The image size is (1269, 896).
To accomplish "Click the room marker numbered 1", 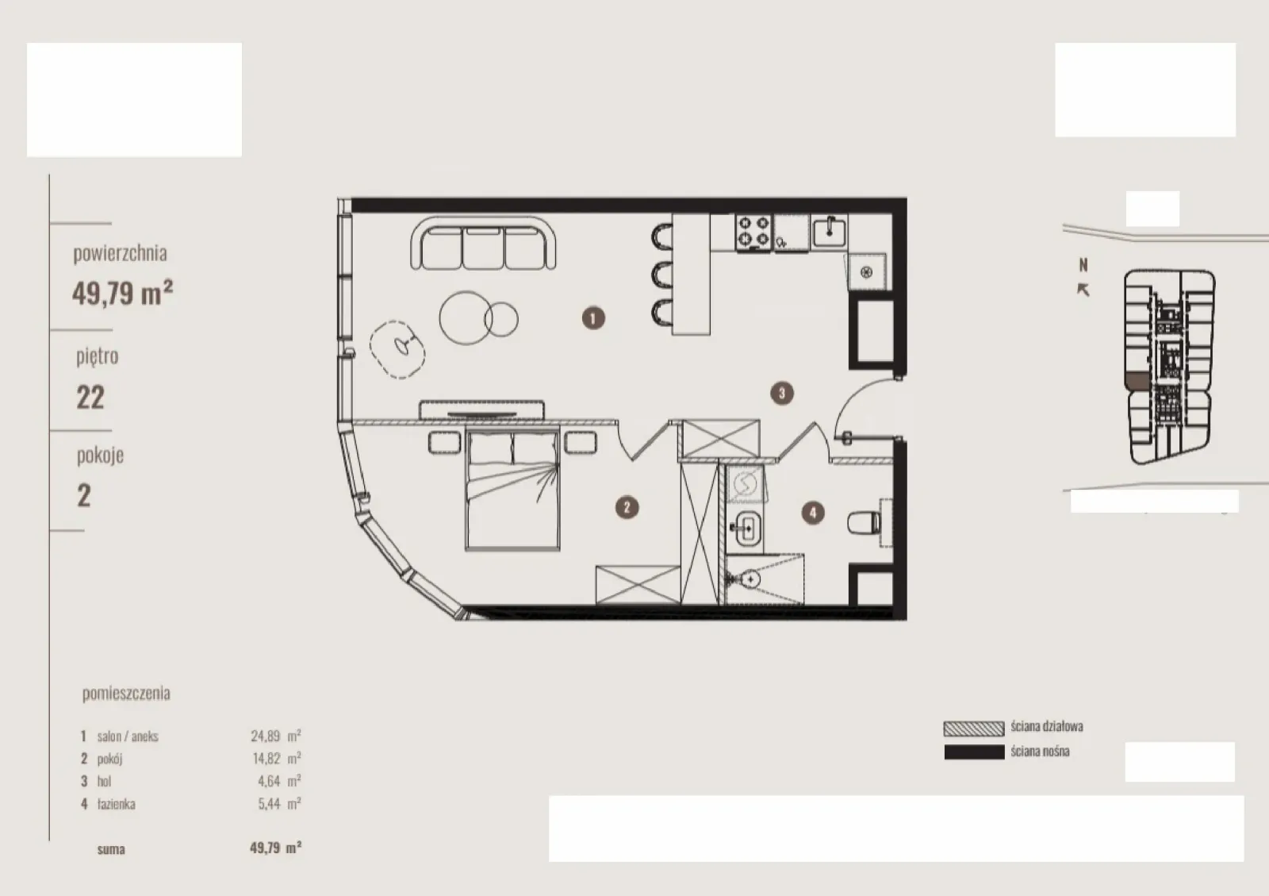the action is [x=593, y=318].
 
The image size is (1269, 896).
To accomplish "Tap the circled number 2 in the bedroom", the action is [x=627, y=507].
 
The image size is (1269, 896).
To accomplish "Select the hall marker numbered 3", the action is [x=782, y=393].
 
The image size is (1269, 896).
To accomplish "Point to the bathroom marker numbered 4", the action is [x=813, y=513].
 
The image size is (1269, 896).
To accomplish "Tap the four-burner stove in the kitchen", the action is [x=753, y=232].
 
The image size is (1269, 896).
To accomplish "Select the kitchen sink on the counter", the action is [x=830, y=231].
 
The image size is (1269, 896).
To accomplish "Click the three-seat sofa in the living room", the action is [x=483, y=244].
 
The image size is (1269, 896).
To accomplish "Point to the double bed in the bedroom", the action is [x=512, y=489].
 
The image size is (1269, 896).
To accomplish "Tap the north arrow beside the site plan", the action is [x=1083, y=290].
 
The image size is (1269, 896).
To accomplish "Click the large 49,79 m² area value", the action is [x=122, y=293].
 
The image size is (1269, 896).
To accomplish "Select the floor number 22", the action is [x=90, y=398].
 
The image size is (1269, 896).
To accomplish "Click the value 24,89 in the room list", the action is [x=265, y=736].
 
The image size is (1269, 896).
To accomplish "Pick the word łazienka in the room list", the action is [x=116, y=804].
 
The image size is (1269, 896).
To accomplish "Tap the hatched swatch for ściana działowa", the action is [x=974, y=729].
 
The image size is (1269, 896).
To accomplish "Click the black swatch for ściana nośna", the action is [x=974, y=752].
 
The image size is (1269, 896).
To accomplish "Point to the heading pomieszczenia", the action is [x=126, y=693].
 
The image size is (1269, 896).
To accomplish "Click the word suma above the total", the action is [x=111, y=849].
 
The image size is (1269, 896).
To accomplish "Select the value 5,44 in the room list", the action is [x=269, y=804].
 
